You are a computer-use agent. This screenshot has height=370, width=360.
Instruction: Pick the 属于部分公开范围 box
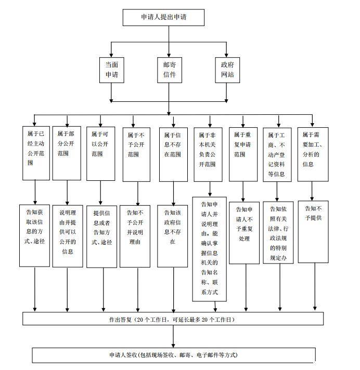[67, 153]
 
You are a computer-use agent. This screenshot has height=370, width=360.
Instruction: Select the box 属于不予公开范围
[136, 153]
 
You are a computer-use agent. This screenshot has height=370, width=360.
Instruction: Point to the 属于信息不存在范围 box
[173, 153]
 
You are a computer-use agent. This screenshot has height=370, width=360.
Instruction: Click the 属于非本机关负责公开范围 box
[210, 153]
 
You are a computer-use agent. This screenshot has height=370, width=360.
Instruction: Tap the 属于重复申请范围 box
[243, 153]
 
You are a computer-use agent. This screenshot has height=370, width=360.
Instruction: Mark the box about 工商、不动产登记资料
[279, 153]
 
